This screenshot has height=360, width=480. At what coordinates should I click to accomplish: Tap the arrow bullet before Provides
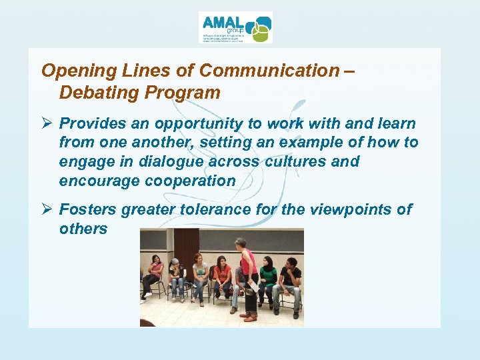click(x=47, y=124)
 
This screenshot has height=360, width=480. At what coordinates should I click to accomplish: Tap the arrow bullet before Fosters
click(x=47, y=210)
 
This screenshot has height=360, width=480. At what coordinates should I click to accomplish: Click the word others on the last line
click(x=83, y=229)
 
